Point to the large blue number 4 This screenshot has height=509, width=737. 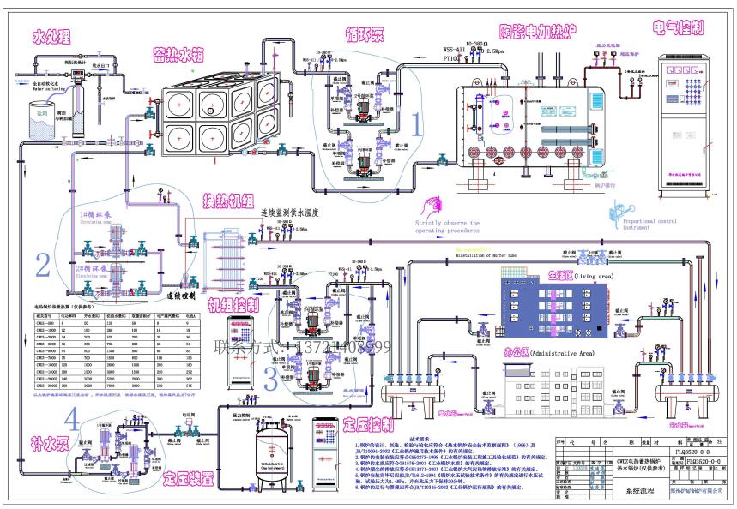(76, 420)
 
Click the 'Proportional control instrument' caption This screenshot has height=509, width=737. (648, 221)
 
